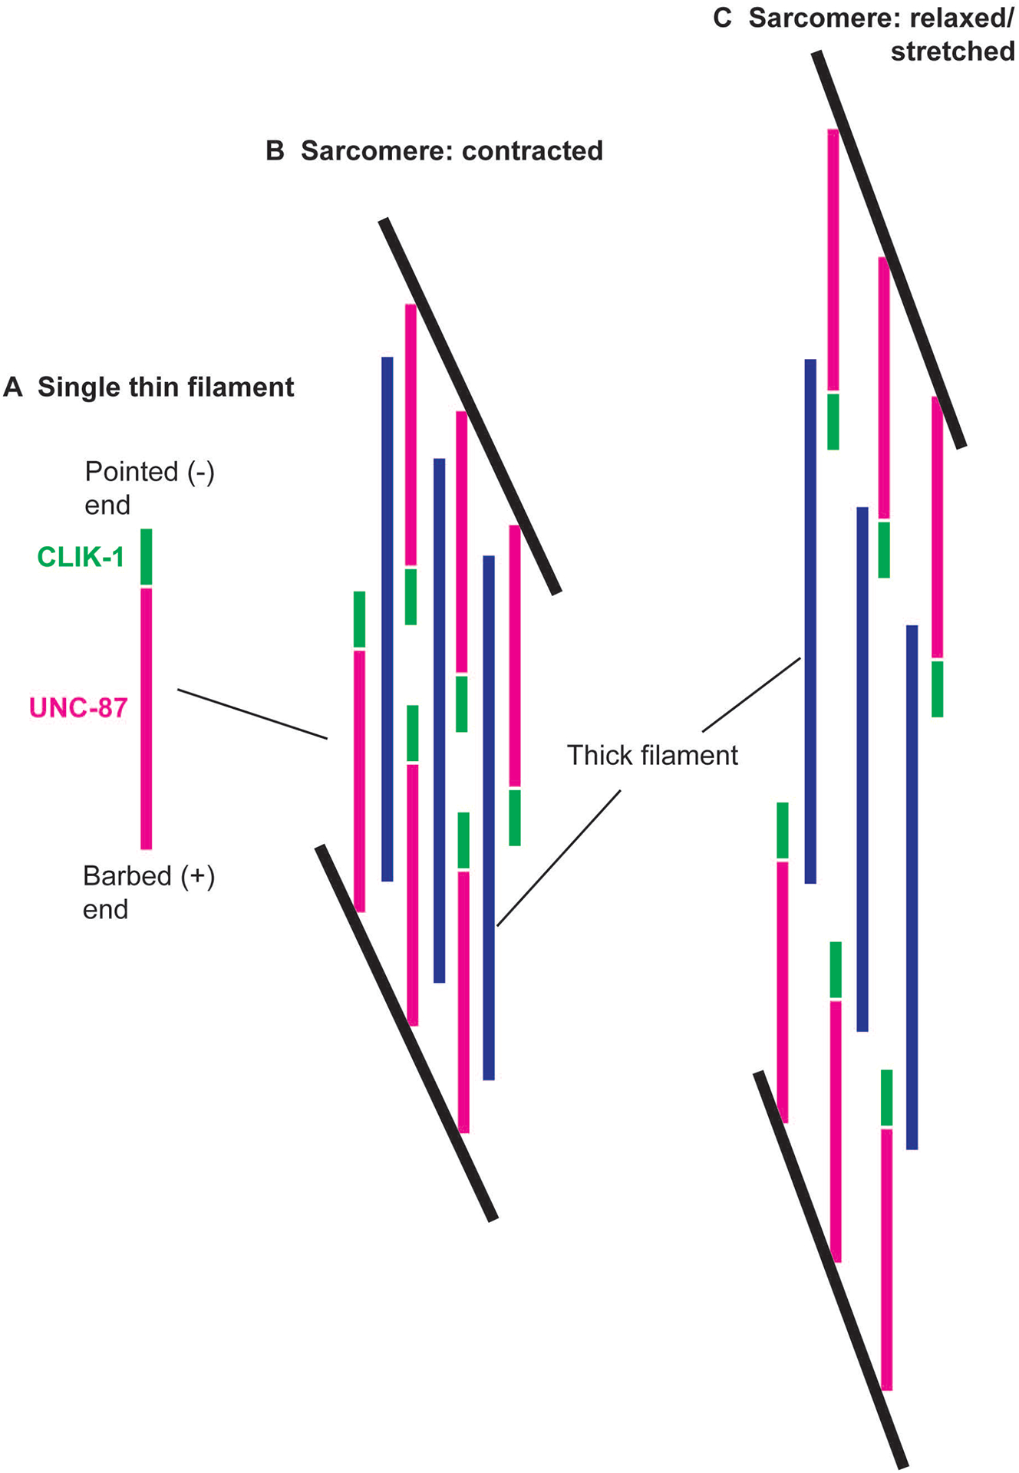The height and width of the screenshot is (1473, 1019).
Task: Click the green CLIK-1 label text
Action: click(81, 557)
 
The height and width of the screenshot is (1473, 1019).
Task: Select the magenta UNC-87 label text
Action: click(78, 707)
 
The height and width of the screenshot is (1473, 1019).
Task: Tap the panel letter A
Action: click(12, 387)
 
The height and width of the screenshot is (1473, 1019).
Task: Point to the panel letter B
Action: click(275, 151)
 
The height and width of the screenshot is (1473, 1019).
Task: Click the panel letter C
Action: click(722, 18)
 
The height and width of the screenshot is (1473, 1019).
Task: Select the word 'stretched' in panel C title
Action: click(952, 51)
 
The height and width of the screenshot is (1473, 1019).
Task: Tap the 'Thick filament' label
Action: click(652, 756)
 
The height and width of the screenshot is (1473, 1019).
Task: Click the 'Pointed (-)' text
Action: click(150, 472)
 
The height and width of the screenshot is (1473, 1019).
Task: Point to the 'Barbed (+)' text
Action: click(149, 876)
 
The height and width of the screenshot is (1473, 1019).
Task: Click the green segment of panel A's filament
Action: click(146, 556)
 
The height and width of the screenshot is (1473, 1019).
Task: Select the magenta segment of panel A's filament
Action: click(146, 718)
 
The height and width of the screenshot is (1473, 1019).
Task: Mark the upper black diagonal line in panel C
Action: click(889, 249)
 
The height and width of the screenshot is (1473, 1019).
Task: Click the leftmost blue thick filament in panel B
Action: click(387, 618)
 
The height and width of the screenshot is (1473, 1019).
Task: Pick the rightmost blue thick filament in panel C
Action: click(912, 887)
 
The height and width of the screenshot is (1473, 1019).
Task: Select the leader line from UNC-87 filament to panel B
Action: click(252, 714)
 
